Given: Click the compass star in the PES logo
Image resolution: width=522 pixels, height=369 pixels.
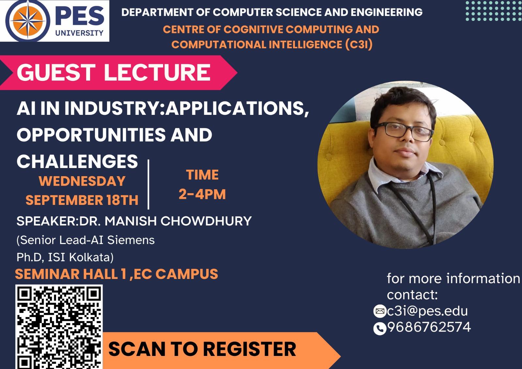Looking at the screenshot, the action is (28, 21).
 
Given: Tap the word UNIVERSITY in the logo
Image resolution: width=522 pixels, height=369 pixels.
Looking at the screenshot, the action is (79, 33).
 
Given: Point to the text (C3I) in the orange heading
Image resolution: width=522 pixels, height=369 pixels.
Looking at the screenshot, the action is (359, 44).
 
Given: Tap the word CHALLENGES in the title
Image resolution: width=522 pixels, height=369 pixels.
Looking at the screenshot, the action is (77, 161).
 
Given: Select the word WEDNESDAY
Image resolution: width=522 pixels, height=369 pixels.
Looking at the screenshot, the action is (82, 181).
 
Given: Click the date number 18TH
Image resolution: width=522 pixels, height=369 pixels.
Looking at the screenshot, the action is (123, 200).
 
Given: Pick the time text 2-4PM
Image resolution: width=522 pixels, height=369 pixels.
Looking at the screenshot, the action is (202, 194).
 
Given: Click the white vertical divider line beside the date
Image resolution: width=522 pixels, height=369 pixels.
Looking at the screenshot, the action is (148, 184).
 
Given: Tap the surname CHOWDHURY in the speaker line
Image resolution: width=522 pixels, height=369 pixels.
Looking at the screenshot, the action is (206, 221).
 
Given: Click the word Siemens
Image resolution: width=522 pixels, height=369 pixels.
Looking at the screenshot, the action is (131, 240).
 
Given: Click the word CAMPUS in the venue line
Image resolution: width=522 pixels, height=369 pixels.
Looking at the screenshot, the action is (187, 274).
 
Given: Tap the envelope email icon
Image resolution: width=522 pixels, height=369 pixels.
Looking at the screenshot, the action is (380, 311).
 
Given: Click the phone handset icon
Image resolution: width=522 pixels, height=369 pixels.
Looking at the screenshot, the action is (380, 329).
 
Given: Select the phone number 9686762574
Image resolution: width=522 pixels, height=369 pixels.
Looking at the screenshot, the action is (429, 327).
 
